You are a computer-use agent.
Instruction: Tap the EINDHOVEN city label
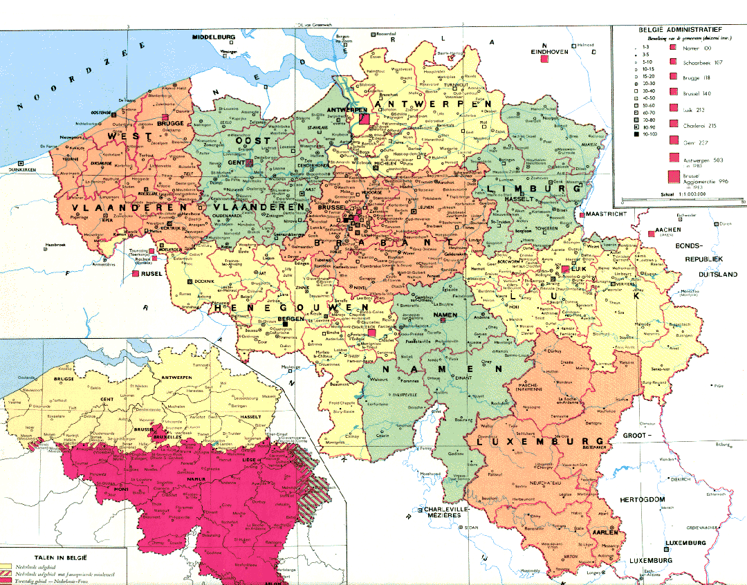548,52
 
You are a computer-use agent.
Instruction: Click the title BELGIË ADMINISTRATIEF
676,30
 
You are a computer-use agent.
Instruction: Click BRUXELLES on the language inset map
167,438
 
